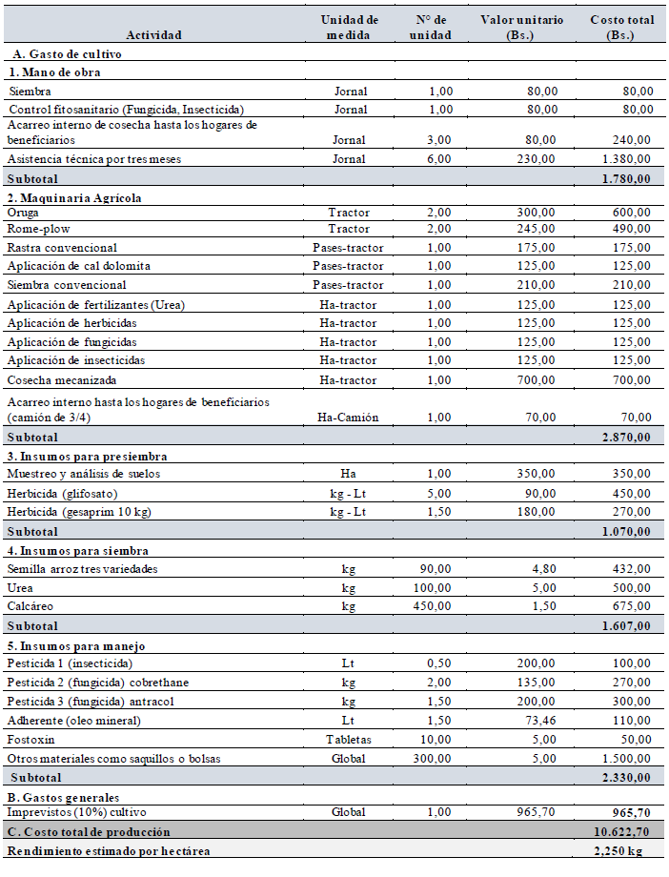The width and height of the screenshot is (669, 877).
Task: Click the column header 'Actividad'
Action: point(152,34)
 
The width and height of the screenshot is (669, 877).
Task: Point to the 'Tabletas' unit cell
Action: point(349,740)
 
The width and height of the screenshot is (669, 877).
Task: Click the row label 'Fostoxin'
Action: point(30,740)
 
